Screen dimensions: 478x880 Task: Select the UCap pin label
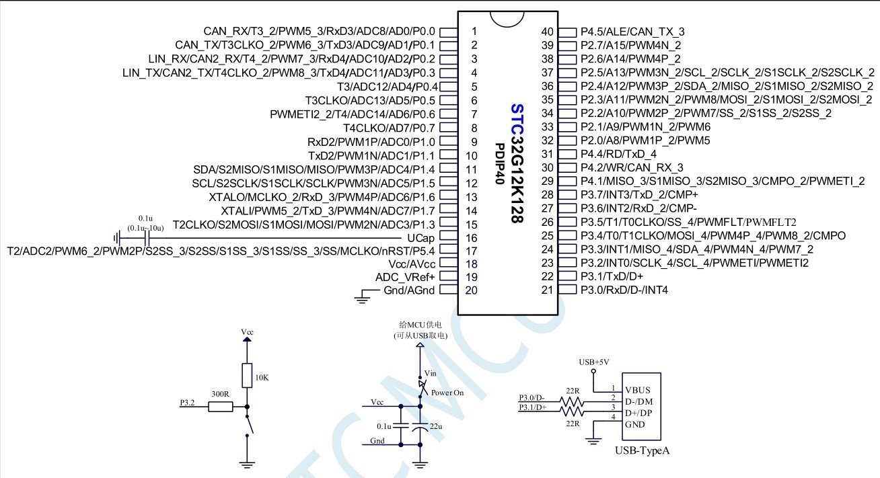pyautogui.click(x=421, y=239)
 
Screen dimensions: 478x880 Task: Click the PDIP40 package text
pyautogui.click(x=500, y=167)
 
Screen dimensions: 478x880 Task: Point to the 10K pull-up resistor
pyautogui.click(x=247, y=374)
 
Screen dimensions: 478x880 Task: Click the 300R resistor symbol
pyautogui.click(x=219, y=407)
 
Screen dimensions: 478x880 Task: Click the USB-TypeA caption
pyautogui.click(x=642, y=450)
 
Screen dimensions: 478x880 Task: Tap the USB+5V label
pyautogui.click(x=593, y=362)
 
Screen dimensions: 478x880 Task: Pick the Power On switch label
pyautogui.click(x=447, y=392)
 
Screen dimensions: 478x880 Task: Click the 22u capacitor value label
pyautogui.click(x=437, y=426)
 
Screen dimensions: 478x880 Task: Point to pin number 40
pyautogui.click(x=547, y=32)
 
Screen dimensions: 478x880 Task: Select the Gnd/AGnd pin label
pyautogui.click(x=409, y=290)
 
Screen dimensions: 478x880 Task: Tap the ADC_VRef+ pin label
pyautogui.click(x=405, y=277)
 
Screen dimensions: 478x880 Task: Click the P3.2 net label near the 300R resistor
pyautogui.click(x=187, y=403)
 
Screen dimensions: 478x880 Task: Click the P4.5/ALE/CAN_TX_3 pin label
pyautogui.click(x=632, y=32)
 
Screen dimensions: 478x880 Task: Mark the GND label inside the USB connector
pyautogui.click(x=635, y=424)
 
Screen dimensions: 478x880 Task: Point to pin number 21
pyautogui.click(x=547, y=290)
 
